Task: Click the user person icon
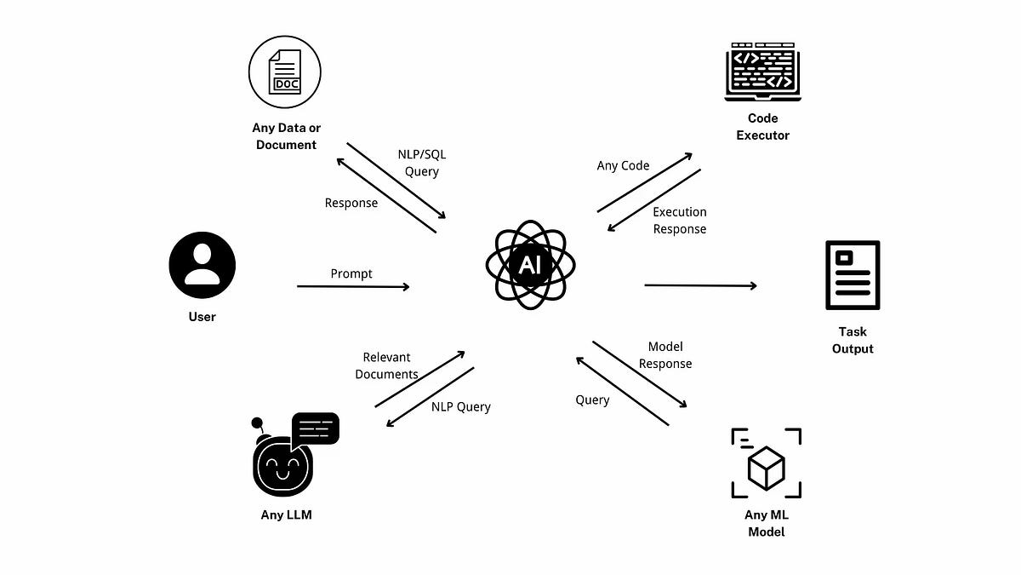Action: pyautogui.click(x=202, y=265)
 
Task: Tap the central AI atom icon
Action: pyautogui.click(x=529, y=265)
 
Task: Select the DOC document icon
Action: pyautogui.click(x=284, y=72)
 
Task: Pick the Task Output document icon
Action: pyautogui.click(x=853, y=275)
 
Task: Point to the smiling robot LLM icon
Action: pyautogui.click(x=282, y=465)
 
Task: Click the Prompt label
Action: pyautogui.click(x=351, y=273)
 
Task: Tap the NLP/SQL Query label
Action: pyautogui.click(x=422, y=164)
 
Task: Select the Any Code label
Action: pyautogui.click(x=623, y=165)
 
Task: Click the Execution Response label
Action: pyautogui.click(x=680, y=221)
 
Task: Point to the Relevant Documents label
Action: pyautogui.click(x=386, y=365)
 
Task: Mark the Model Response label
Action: pyautogui.click(x=665, y=355)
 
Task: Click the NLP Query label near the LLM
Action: pyautogui.click(x=460, y=406)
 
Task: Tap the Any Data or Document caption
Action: pyautogui.click(x=286, y=136)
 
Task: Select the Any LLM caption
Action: pyautogui.click(x=286, y=515)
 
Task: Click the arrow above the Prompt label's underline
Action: pyautogui.click(x=353, y=287)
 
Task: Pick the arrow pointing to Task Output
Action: pyautogui.click(x=700, y=285)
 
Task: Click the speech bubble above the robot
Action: pyautogui.click(x=315, y=428)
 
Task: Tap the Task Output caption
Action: pyautogui.click(x=853, y=340)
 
